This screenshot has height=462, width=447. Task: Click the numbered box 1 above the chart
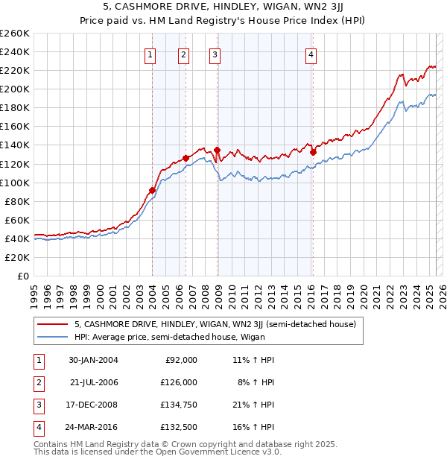pyautogui.click(x=150, y=54)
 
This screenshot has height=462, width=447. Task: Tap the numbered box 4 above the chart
pyautogui.click(x=311, y=54)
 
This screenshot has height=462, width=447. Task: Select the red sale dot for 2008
pyautogui.click(x=217, y=150)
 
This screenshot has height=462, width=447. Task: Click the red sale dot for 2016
pyautogui.click(x=313, y=152)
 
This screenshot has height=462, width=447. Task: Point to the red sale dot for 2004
pyautogui.click(x=152, y=190)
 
